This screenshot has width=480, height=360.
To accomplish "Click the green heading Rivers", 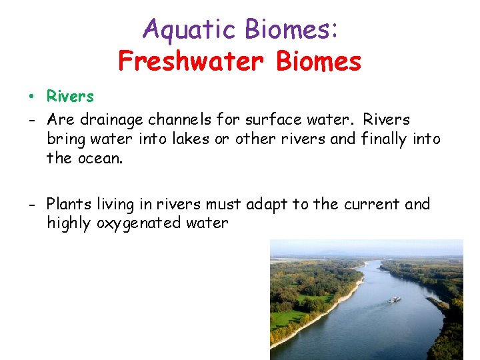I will (70, 97).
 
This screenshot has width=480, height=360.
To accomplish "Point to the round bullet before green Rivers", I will (31, 97).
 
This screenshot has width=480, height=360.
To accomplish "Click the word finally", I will (385, 139).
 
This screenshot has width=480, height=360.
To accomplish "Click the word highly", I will (69, 223).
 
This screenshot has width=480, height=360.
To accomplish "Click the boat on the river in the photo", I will (395, 300).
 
